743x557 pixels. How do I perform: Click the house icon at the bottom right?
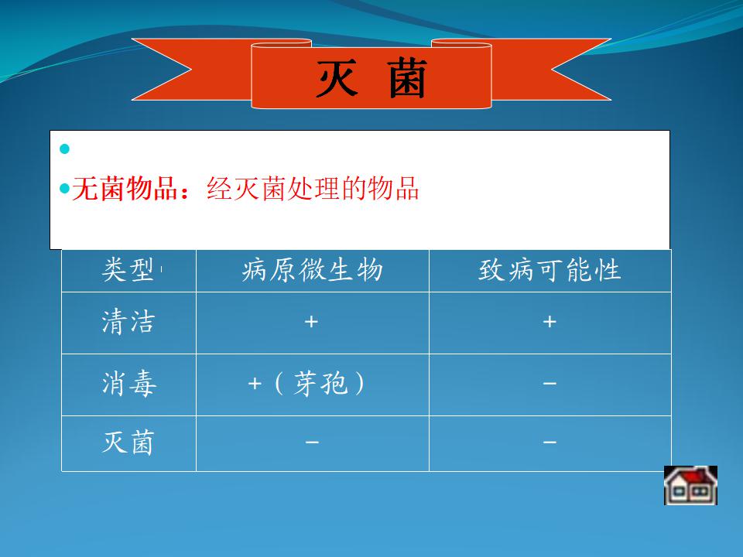pos(690,485)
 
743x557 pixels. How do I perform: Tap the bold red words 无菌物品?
pos(125,189)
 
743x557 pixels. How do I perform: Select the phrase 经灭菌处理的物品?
pos(313,189)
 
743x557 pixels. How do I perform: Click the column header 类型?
pos(128,270)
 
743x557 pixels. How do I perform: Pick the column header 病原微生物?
pos(312,270)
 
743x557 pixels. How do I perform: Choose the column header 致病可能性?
pos(550,270)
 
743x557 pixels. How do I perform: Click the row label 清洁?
pos(128,322)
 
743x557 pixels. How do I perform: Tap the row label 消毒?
pos(129,383)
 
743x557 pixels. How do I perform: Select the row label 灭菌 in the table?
pos(128,443)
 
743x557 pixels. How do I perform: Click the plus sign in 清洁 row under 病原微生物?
pos(311,322)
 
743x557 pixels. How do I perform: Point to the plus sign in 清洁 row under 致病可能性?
pos(550,322)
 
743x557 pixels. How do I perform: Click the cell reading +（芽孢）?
pos(306,383)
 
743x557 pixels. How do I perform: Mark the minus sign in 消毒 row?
pos(550,383)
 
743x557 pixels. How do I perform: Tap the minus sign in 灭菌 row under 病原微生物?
pos(312,443)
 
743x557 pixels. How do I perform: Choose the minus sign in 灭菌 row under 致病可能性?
pos(550,443)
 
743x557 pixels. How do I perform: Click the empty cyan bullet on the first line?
pos(64,149)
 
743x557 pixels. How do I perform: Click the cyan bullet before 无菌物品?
pos(64,189)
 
